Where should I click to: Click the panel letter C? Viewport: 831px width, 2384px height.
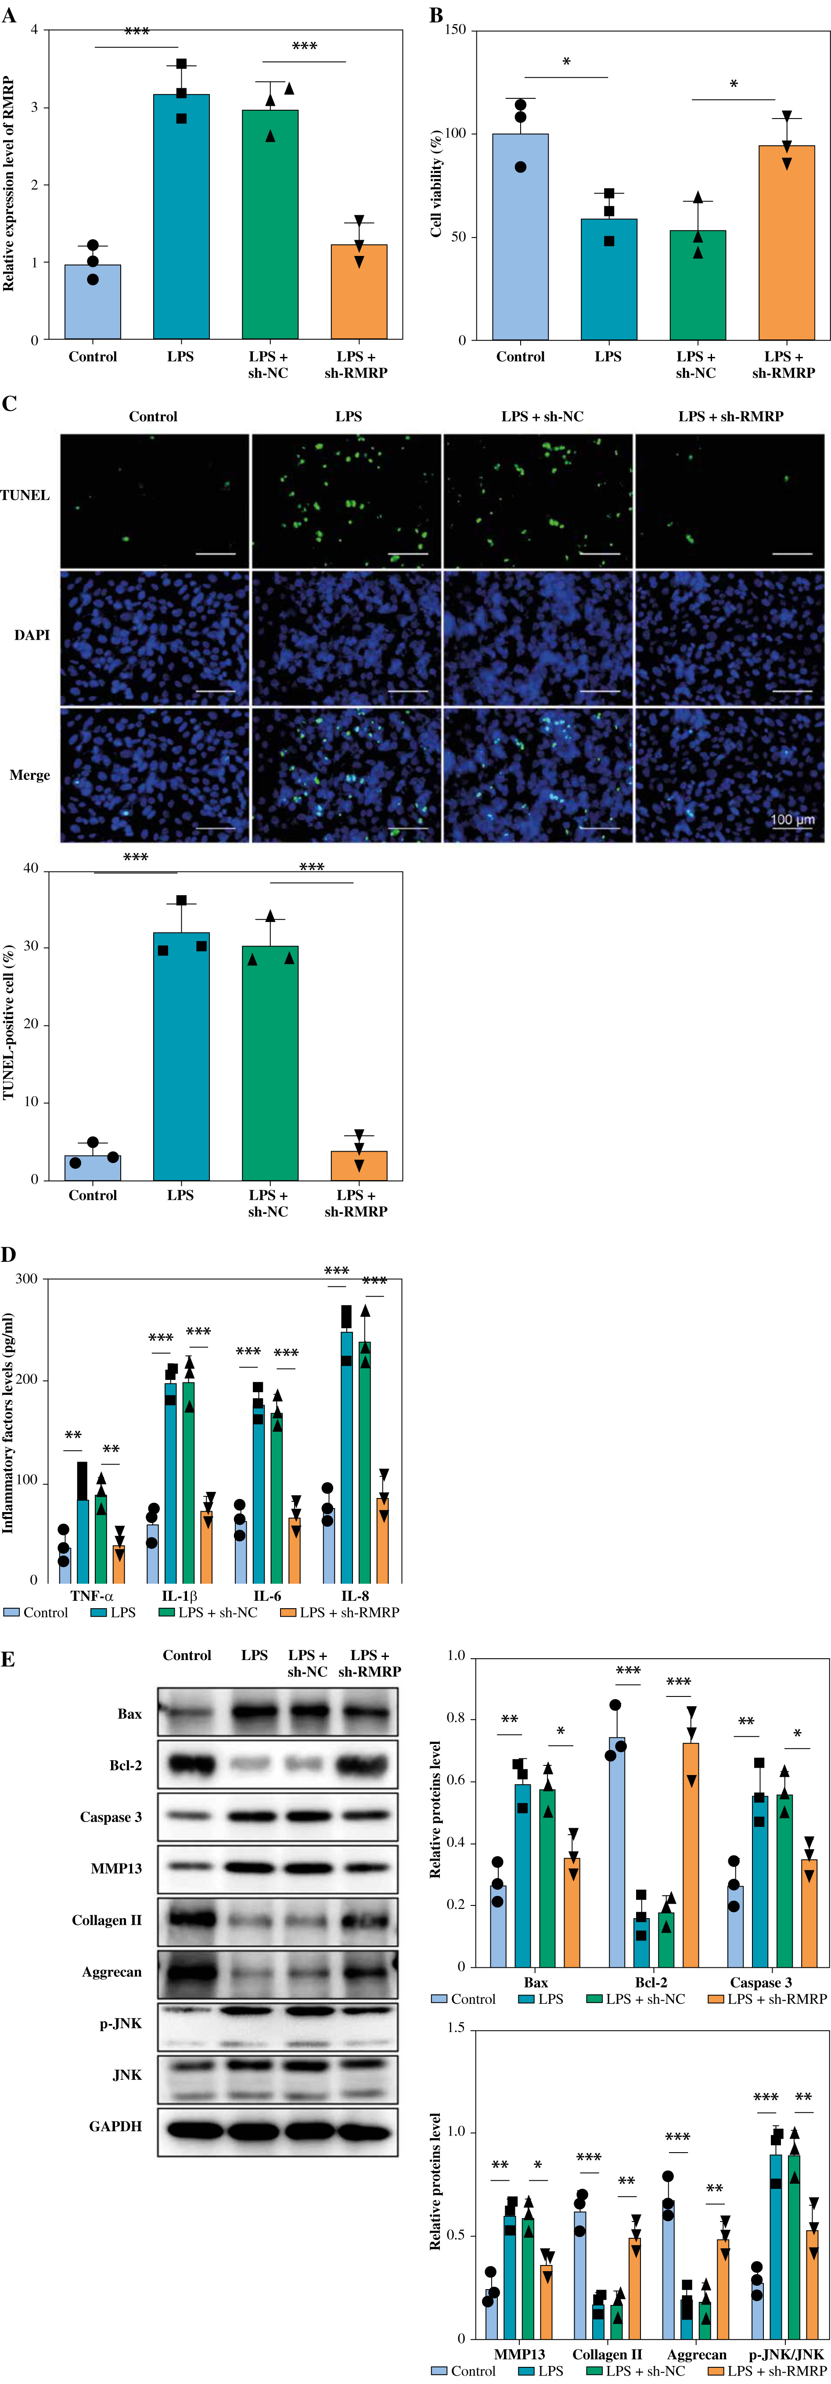9,404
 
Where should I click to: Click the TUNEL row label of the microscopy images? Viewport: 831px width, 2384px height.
25,495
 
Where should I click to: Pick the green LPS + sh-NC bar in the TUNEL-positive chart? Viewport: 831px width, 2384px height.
270,1062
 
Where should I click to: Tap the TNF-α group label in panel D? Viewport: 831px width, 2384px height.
92,1595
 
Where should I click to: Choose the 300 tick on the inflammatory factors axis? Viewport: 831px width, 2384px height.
27,1279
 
